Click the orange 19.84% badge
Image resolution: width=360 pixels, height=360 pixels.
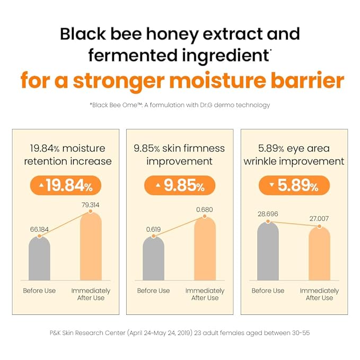coord(65,186)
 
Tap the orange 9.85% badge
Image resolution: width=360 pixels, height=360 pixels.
coord(180,186)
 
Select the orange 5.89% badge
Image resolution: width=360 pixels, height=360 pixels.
coord(294,186)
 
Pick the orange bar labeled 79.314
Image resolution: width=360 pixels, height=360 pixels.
coord(91,247)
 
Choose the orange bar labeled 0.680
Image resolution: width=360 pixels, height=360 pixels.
coord(205,249)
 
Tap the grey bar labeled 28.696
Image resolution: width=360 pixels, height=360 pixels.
coord(268,252)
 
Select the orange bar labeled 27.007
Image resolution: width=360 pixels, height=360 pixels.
coord(319,253)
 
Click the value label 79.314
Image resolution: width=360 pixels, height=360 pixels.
coord(91,205)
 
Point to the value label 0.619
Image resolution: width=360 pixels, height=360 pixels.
coord(154,230)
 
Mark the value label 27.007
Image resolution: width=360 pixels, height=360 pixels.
coord(319,217)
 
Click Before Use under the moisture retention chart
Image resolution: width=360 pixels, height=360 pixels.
coord(39,291)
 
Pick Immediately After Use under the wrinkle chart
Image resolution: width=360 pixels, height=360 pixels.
coord(319,294)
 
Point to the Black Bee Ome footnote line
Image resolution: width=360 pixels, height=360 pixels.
coord(180,105)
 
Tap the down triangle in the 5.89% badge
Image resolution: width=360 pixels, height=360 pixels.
coord(271,185)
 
